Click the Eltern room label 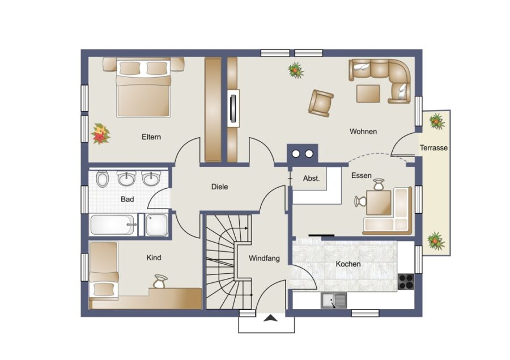tap(151, 137)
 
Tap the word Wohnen tap(363, 132)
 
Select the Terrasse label tap(433, 148)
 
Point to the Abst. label tap(311, 179)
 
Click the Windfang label tap(264, 259)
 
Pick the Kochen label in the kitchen tap(348, 264)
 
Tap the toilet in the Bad tap(103, 179)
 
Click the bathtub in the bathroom tap(113, 225)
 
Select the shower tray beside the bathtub tap(157, 225)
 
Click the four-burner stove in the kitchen tap(406, 282)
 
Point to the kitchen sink tap(334, 300)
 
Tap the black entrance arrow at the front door tap(270, 319)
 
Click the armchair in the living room tap(321, 103)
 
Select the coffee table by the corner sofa tap(368, 94)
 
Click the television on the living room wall tap(233, 108)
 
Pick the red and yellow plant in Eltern tap(100, 134)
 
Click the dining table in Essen tap(379, 202)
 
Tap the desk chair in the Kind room tap(160, 282)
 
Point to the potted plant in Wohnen tap(296, 70)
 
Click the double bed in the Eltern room tap(143, 88)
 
